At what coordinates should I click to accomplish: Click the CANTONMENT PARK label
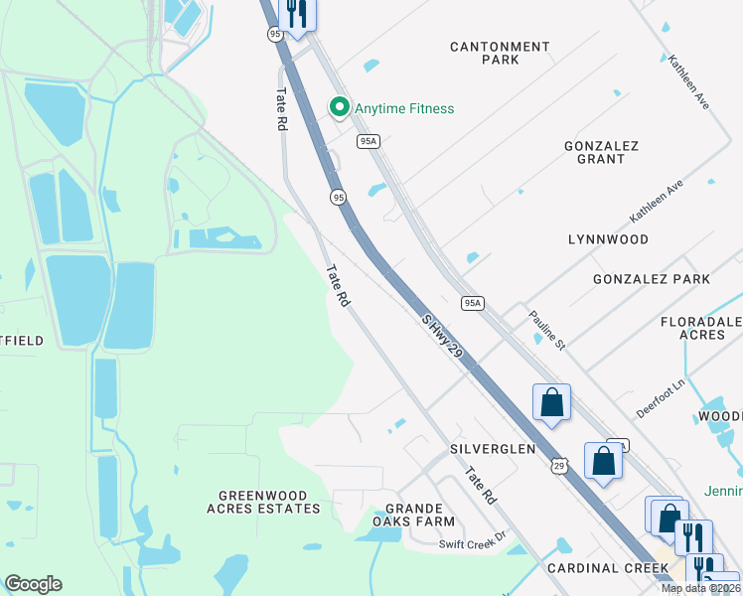click(x=500, y=53)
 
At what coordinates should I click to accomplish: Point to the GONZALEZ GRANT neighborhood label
click(x=601, y=152)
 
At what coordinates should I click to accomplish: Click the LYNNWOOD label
click(x=608, y=239)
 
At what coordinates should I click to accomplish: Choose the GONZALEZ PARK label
click(x=652, y=279)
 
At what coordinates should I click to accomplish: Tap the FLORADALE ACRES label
click(x=701, y=329)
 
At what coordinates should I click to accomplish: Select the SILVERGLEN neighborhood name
click(x=494, y=449)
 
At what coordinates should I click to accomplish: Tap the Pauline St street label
click(x=546, y=331)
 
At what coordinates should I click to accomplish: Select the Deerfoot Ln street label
click(x=662, y=396)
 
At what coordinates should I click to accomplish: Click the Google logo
click(x=33, y=584)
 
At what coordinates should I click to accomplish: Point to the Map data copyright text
click(x=701, y=588)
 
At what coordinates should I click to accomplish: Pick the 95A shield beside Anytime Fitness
click(x=369, y=142)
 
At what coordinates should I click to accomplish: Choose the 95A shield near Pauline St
click(x=472, y=303)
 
